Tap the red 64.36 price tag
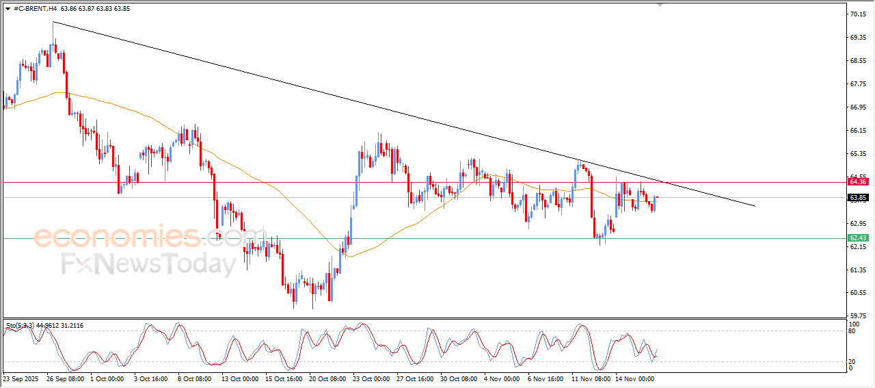click(858, 182)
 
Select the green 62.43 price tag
click(858, 238)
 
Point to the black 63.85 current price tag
click(858, 198)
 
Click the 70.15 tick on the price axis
click(857, 14)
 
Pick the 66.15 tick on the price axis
click(857, 130)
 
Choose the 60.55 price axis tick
click(857, 293)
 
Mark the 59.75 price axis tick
click(857, 316)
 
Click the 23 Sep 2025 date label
click(21, 378)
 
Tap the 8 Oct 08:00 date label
click(195, 378)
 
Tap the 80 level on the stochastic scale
click(852, 331)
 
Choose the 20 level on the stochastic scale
click(852, 361)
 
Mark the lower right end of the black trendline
click(755, 206)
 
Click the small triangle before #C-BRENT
click(8, 8)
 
